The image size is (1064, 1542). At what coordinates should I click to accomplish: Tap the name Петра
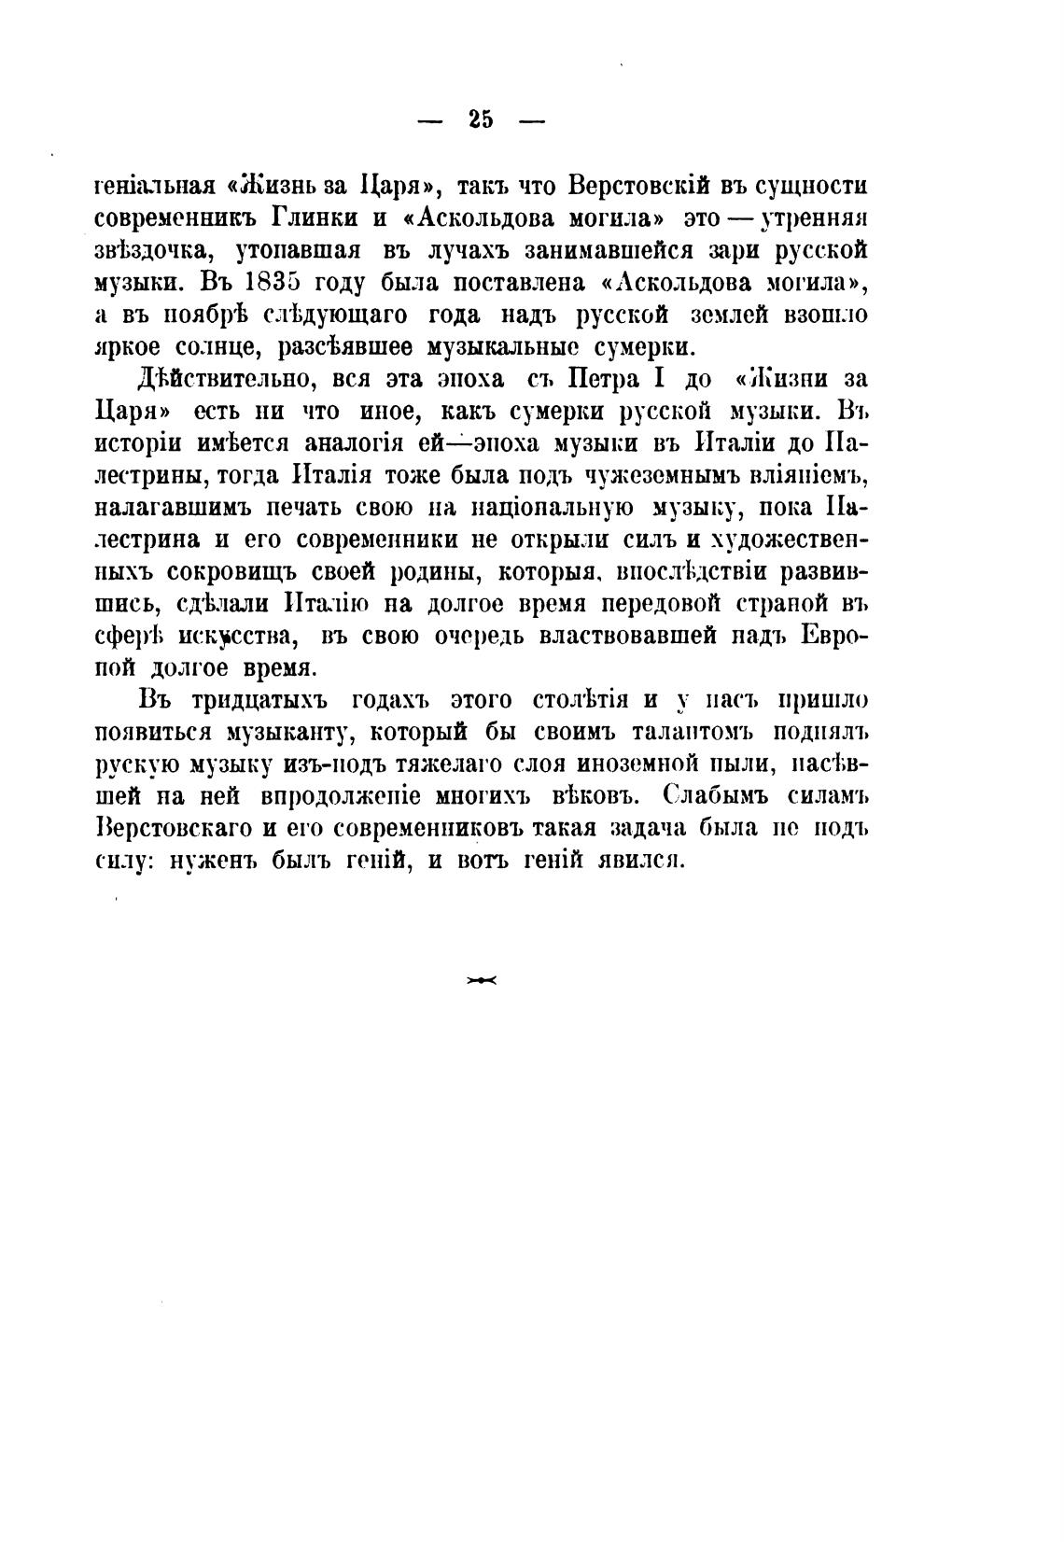(x=609, y=380)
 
